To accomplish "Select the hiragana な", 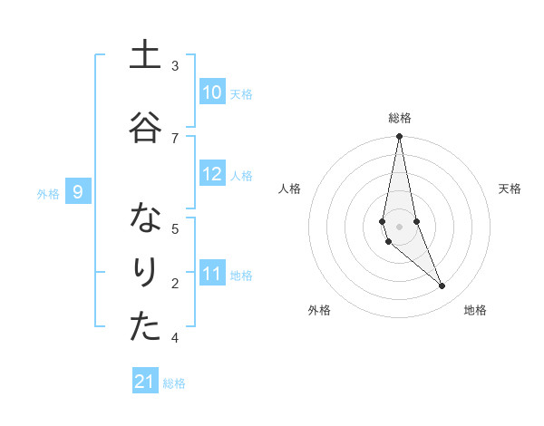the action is [x=145, y=220].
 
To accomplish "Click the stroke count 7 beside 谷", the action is [x=175, y=138].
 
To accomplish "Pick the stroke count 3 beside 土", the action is [x=175, y=66].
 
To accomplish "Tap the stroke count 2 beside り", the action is [x=175, y=284].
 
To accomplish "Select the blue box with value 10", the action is [x=212, y=92].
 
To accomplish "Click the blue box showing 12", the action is [x=212, y=174].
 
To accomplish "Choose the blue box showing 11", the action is [x=212, y=274].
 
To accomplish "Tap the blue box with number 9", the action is [x=78, y=192].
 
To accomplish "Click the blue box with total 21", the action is [x=145, y=382].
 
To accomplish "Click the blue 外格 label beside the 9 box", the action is [x=48, y=193].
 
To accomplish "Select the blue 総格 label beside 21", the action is [x=175, y=383].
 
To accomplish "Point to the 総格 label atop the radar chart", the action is [x=399, y=118].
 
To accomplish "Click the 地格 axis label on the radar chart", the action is [x=475, y=310].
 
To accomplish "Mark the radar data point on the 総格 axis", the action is [x=399, y=136].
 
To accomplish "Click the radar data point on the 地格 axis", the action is [x=442, y=286].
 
